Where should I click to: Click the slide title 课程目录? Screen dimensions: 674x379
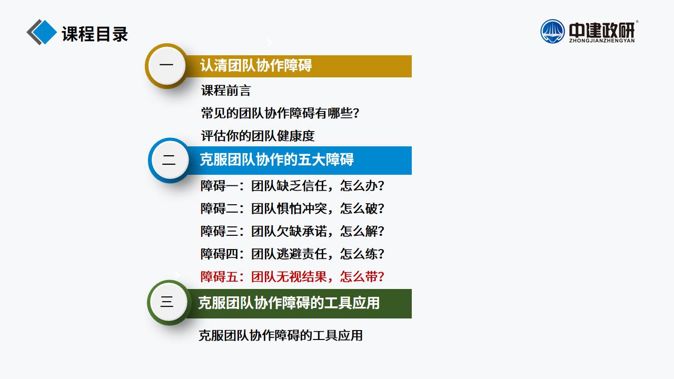pyautogui.click(x=95, y=34)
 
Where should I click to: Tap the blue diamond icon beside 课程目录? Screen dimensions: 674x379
pyautogui.click(x=44, y=32)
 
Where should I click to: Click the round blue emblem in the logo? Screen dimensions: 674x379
pyautogui.click(x=552, y=31)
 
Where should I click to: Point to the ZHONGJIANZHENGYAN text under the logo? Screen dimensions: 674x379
pyautogui.click(x=602, y=41)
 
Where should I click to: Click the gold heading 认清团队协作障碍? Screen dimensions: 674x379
pyautogui.click(x=256, y=65)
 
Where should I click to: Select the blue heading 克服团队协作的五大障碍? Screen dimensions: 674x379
pyautogui.click(x=277, y=159)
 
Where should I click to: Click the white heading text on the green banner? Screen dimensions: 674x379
pyautogui.click(x=289, y=303)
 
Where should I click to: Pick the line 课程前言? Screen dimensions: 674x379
pyautogui.click(x=226, y=90)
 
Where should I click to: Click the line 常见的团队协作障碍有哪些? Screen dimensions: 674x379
pyautogui.click(x=280, y=113)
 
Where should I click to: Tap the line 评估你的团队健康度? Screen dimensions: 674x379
pyautogui.click(x=258, y=136)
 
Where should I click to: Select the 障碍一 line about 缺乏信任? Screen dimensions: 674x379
pyautogui.click(x=292, y=186)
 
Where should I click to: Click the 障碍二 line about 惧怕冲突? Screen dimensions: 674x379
pyautogui.click(x=292, y=208)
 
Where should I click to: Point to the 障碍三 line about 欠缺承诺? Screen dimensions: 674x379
pyautogui.click(x=292, y=231)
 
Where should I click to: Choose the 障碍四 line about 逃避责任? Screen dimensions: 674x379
pyautogui.click(x=292, y=254)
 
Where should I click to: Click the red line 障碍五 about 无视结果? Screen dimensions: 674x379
pyautogui.click(x=292, y=277)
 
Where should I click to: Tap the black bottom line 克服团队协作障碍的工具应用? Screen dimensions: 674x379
pyautogui.click(x=281, y=335)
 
